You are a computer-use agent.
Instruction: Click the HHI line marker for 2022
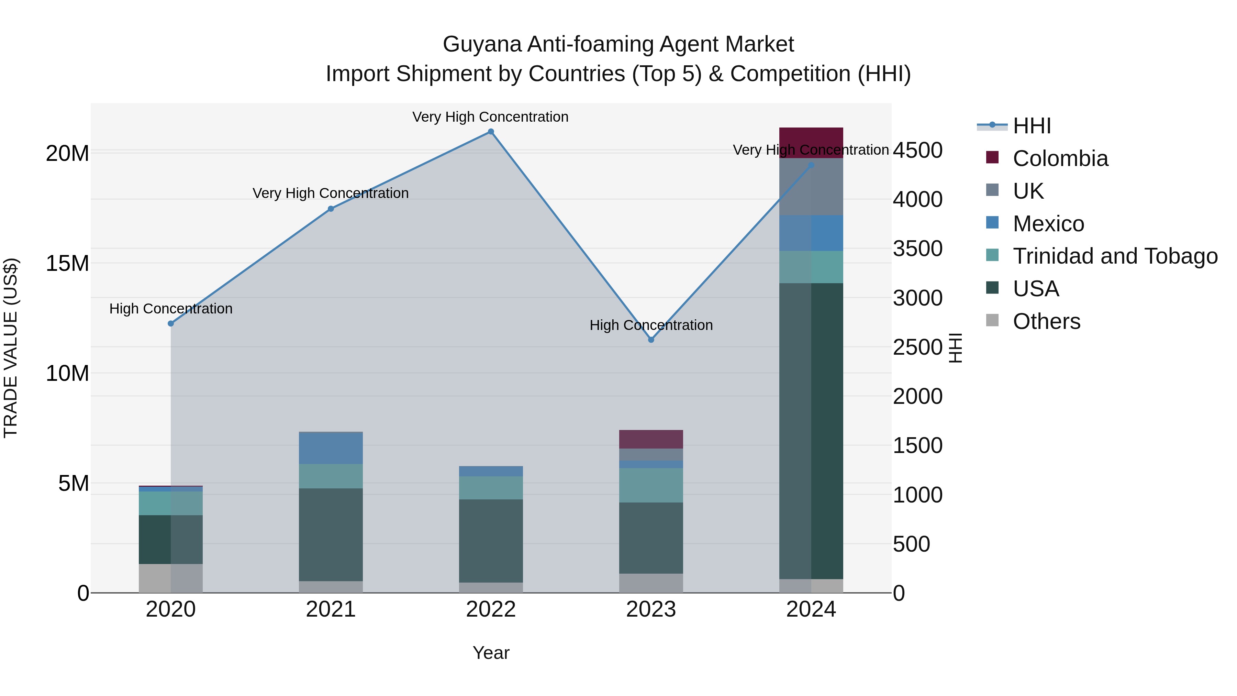(491, 132)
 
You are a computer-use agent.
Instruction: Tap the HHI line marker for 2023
(651, 340)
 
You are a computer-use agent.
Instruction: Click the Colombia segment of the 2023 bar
(651, 439)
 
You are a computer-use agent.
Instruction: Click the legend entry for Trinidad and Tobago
(1115, 256)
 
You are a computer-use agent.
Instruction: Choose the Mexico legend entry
(1048, 223)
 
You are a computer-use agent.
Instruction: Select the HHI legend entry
(1032, 126)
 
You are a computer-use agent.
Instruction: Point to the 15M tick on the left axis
(67, 263)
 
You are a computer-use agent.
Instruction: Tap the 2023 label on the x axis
(651, 609)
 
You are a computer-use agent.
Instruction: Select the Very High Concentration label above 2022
(490, 117)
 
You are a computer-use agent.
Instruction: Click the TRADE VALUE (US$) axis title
(11, 348)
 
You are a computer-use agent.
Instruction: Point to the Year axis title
(491, 653)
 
